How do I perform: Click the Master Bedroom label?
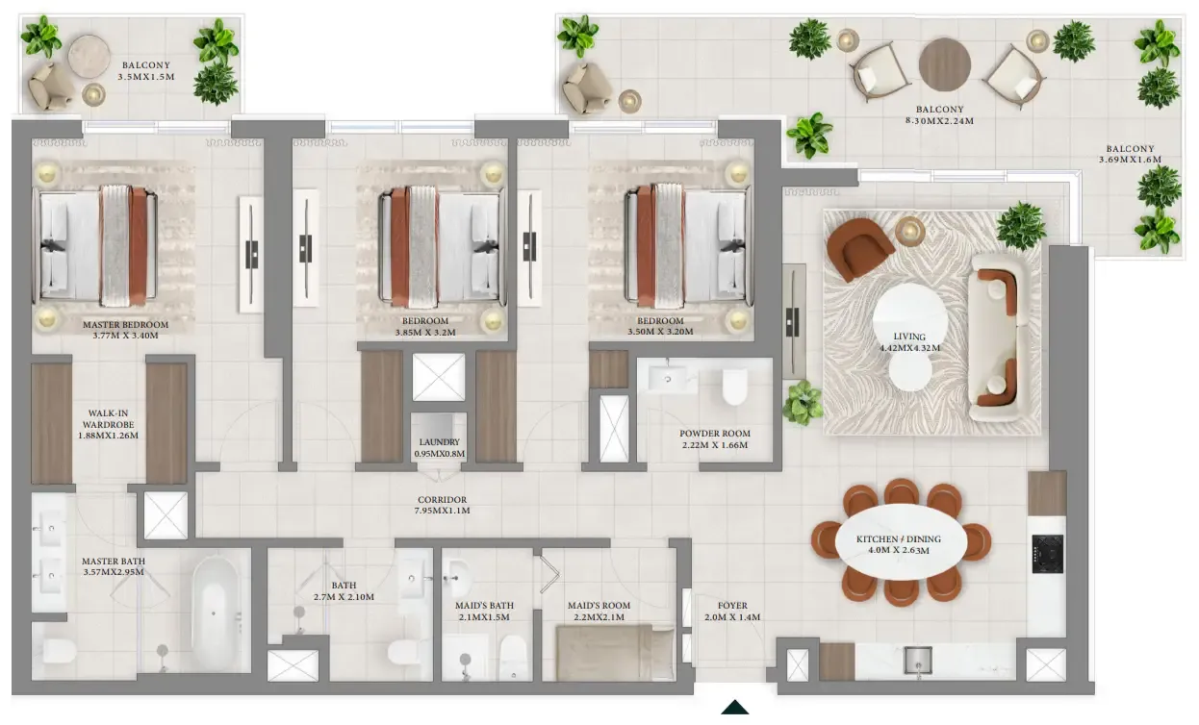tap(125, 325)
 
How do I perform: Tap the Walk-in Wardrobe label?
tap(108, 418)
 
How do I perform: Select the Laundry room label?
tap(439, 442)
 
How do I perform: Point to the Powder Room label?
tap(715, 434)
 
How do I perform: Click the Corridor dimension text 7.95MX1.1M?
tap(442, 511)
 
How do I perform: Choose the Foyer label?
tap(732, 606)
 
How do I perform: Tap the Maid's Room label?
tap(599, 606)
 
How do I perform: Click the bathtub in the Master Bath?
tap(215, 613)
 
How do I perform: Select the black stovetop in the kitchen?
tap(1048, 554)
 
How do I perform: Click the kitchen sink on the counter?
tap(918, 661)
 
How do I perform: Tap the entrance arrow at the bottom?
tap(735, 707)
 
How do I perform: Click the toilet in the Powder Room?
tap(734, 387)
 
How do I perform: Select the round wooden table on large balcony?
tap(945, 64)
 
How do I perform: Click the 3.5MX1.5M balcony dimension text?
tap(146, 77)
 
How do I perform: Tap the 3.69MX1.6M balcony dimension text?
tap(1130, 160)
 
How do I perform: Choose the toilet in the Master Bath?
tap(60, 652)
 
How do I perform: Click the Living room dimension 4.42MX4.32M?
tap(909, 348)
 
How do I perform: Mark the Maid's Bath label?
tap(484, 606)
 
